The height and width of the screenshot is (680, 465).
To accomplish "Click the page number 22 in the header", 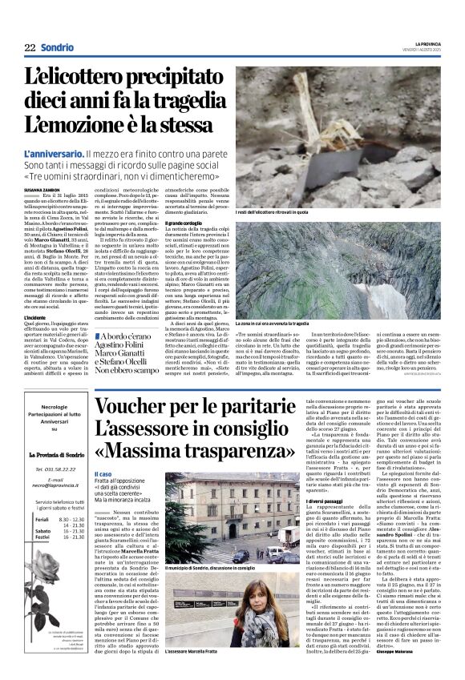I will coord(30,48).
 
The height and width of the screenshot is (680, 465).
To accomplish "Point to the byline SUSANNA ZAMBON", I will coord(44,188).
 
